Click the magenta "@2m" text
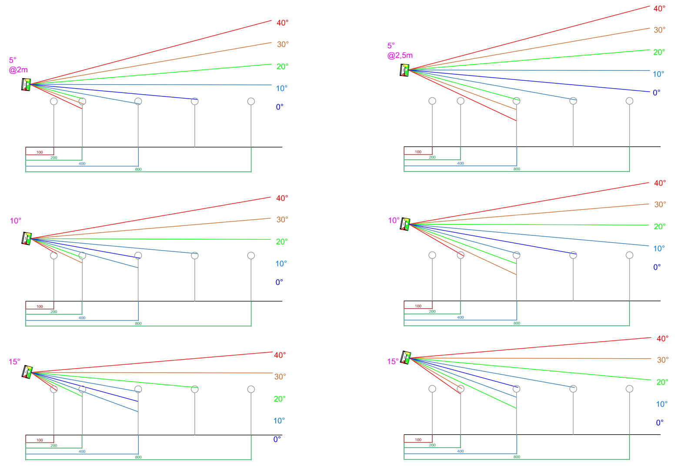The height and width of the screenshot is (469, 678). coord(18,70)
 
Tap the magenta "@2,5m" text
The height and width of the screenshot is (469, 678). coord(400,55)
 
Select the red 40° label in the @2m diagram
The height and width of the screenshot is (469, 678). coord(282,23)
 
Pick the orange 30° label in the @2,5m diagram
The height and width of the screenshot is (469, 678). coord(659,30)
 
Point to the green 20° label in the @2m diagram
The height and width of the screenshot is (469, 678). coord(282,66)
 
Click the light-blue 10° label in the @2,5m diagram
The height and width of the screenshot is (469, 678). coord(658,74)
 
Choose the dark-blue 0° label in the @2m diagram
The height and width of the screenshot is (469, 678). coord(279,107)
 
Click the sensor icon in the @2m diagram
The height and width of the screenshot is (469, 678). coord(26,84)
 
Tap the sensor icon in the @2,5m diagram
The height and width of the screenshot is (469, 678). coord(404,70)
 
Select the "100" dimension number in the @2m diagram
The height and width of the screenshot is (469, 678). coord(40,152)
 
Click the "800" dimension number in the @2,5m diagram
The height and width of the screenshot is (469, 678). coord(517,169)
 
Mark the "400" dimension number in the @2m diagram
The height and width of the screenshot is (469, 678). coord(82,164)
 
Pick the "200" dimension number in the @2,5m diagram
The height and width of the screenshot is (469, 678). coord(432,158)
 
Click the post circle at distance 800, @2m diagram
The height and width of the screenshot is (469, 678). coord(251,101)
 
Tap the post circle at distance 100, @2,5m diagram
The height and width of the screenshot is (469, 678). coord(432,101)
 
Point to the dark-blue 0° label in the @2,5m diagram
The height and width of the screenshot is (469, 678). coord(656,92)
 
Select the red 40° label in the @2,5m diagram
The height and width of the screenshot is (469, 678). coord(659,9)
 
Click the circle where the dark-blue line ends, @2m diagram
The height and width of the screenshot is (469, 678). coord(195,101)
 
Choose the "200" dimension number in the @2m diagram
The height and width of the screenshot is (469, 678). coord(53,158)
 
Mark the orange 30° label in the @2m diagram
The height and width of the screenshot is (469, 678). coord(283,44)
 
